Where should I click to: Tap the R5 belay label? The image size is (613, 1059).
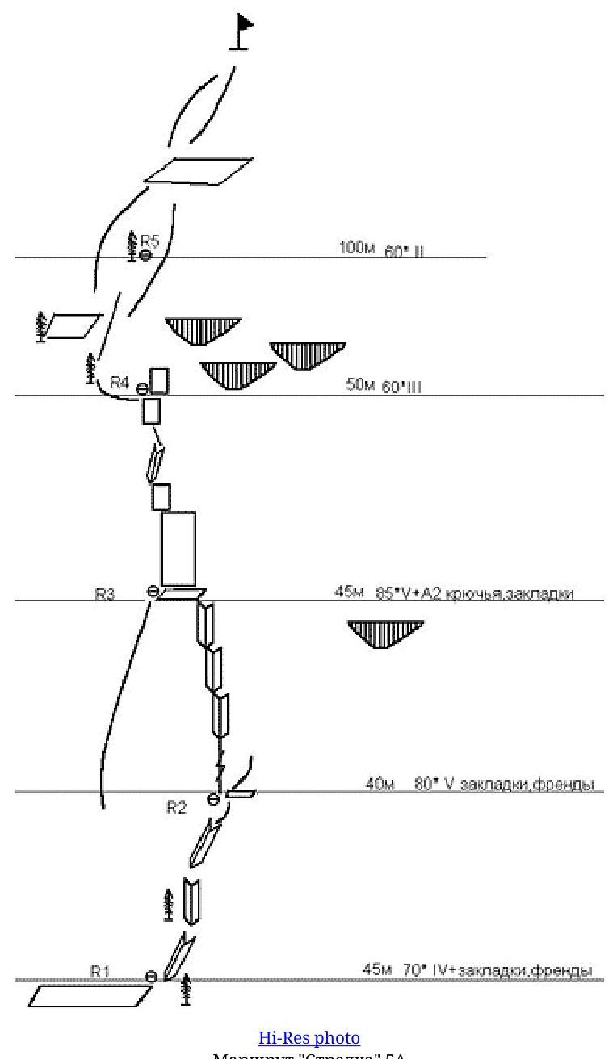(150, 240)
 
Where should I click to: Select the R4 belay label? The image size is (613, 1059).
(120, 383)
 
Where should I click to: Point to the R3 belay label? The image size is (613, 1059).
(105, 595)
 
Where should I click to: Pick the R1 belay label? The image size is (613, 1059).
(99, 973)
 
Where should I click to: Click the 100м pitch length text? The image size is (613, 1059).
(357, 248)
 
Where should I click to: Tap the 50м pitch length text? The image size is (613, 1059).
(360, 385)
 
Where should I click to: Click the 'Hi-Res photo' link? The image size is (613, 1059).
(309, 1037)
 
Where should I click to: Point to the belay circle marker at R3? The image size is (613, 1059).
(153, 592)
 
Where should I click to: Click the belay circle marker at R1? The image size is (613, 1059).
(151, 977)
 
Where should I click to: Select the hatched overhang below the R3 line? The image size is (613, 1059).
(386, 633)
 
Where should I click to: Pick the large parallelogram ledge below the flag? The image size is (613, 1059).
(198, 170)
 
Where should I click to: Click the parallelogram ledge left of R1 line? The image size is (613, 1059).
(90, 996)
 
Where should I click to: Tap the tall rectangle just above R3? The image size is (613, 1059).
(178, 548)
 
